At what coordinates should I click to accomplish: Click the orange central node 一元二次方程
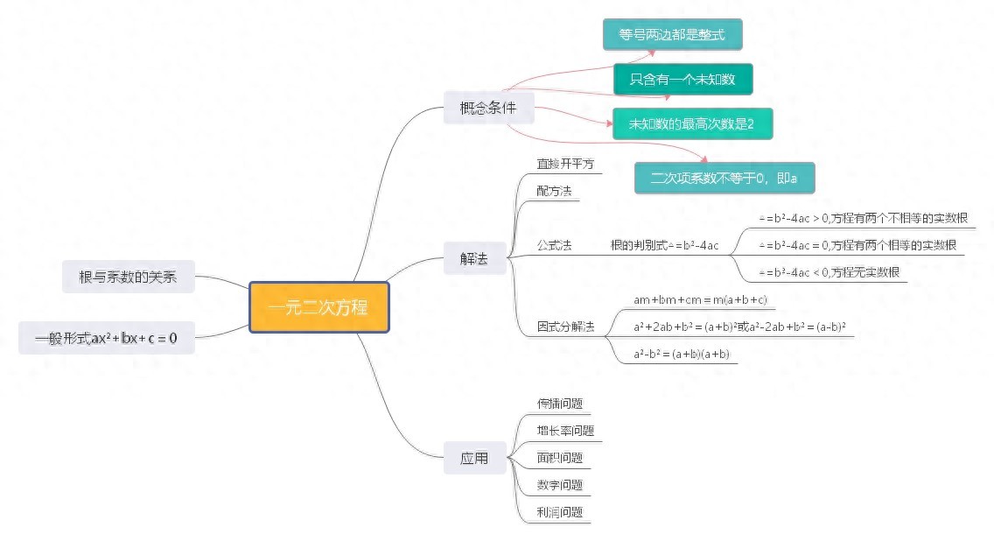click(x=318, y=307)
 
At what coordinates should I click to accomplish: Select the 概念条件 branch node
click(x=487, y=109)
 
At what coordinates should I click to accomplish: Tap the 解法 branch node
click(x=474, y=258)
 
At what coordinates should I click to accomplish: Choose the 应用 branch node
click(x=474, y=458)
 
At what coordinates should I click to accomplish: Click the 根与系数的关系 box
click(x=128, y=277)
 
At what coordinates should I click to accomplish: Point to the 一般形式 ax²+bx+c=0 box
click(x=106, y=337)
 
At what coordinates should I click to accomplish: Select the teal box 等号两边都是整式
click(x=672, y=35)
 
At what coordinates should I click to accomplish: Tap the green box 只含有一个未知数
click(x=682, y=80)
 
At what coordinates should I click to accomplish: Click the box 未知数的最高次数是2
click(x=691, y=123)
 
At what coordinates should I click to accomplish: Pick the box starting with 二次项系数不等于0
click(x=724, y=178)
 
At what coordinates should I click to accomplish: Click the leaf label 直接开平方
click(x=565, y=164)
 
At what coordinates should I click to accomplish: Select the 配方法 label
click(x=554, y=190)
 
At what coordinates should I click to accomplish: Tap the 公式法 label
click(x=554, y=245)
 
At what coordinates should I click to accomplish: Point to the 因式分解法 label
click(x=565, y=327)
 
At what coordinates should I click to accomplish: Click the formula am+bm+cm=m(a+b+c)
click(x=700, y=300)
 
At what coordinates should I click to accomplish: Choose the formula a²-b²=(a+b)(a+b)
click(x=682, y=355)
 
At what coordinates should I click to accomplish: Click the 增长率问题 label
click(x=565, y=431)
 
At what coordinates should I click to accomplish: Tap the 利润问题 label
click(x=560, y=512)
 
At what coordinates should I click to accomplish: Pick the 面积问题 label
click(x=560, y=458)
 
